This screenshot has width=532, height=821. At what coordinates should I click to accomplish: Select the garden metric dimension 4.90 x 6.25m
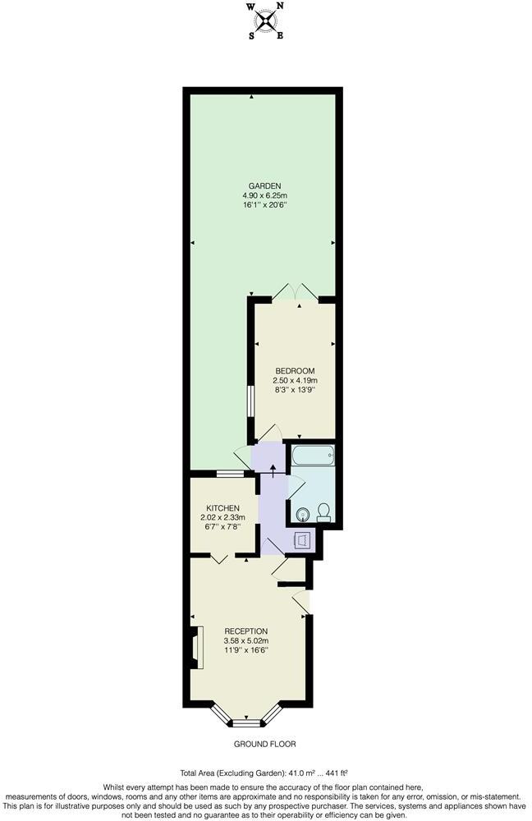pyautogui.click(x=264, y=195)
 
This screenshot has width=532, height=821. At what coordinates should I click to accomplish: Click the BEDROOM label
pyautogui.click(x=295, y=371)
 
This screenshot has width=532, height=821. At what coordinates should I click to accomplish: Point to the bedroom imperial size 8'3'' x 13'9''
pyautogui.click(x=295, y=391)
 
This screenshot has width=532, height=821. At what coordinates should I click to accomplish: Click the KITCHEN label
pyautogui.click(x=222, y=507)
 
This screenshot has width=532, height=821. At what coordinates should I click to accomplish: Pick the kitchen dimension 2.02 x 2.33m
pyautogui.click(x=222, y=517)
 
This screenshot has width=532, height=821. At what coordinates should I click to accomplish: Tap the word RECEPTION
pyautogui.click(x=245, y=631)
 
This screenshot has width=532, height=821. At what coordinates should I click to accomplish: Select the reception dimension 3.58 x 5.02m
pyautogui.click(x=245, y=640)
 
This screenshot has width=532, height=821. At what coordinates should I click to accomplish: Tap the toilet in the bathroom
pyautogui.click(x=323, y=511)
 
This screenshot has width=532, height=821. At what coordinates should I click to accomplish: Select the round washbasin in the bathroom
pyautogui.click(x=303, y=514)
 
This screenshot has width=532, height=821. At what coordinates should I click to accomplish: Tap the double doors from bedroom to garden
pyautogui.click(x=295, y=291)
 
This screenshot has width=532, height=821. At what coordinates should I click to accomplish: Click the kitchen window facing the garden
pyautogui.click(x=230, y=474)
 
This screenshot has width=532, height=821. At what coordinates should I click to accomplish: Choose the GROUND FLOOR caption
pyautogui.click(x=264, y=744)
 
